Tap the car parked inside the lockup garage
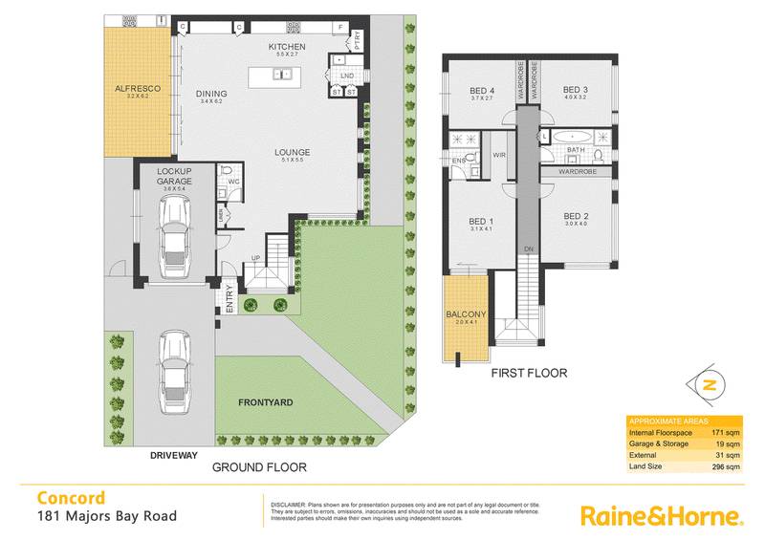(x=174, y=246)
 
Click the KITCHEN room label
(x=286, y=47)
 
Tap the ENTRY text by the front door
(x=229, y=300)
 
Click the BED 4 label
(x=481, y=89)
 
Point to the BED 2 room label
(x=576, y=216)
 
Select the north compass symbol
(x=708, y=385)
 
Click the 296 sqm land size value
(x=726, y=467)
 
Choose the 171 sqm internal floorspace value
(x=726, y=433)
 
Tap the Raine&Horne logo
(x=661, y=516)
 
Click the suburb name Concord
(x=71, y=498)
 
